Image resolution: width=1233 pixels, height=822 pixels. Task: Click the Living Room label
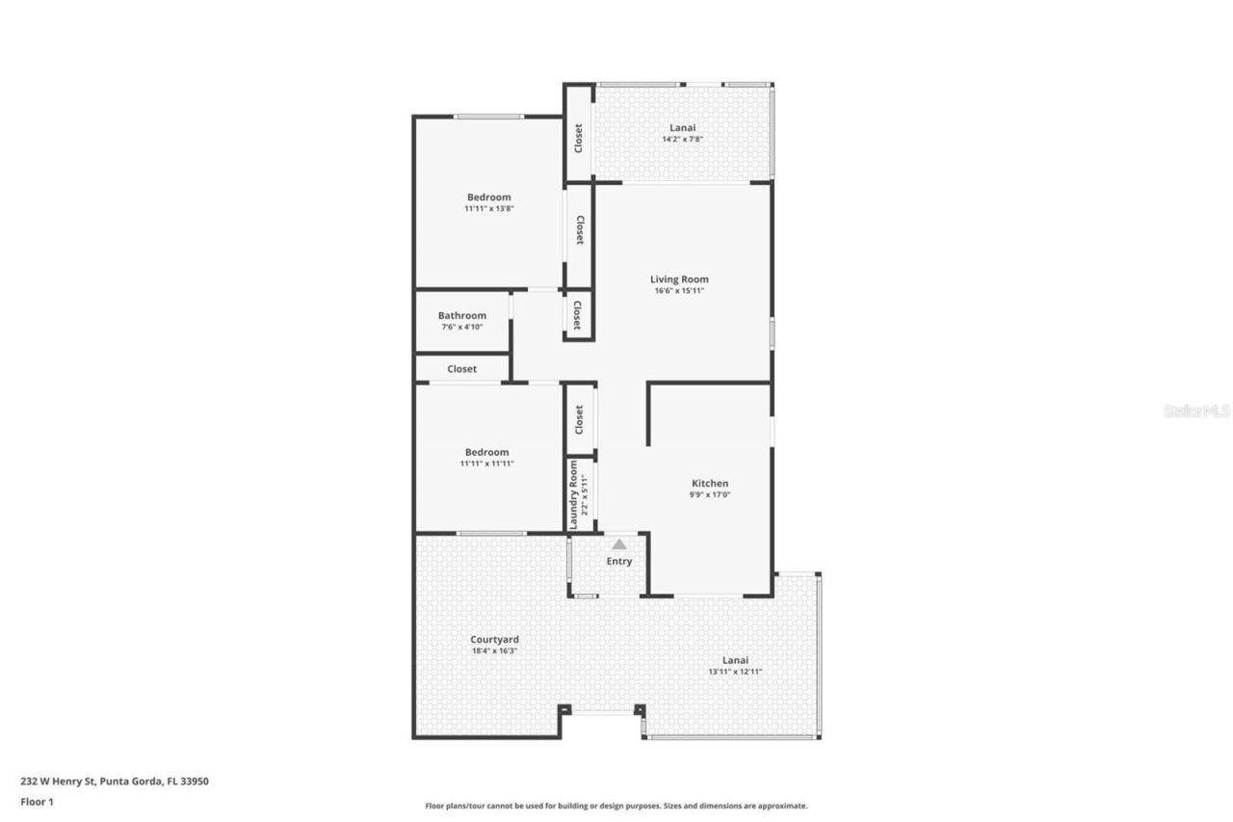pos(679,279)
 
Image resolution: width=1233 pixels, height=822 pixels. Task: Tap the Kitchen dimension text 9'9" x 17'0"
pos(710,495)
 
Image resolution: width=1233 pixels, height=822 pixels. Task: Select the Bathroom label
pos(461,315)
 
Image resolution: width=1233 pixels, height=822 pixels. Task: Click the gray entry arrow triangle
pos(619,544)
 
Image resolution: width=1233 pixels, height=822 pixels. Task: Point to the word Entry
pos(619,562)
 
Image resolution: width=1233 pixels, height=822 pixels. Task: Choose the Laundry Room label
pos(574,493)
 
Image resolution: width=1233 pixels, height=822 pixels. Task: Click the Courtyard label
pos(494,639)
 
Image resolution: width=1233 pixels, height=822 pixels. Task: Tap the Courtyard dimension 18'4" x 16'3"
pos(494,650)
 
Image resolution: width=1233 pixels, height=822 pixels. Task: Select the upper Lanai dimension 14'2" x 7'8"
pos(682,139)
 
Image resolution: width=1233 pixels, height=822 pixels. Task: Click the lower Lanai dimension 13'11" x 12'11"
pos(735,672)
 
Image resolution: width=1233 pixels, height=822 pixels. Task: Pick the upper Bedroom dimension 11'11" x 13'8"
pos(488,208)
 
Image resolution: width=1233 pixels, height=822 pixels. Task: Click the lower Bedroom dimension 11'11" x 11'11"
pos(486,464)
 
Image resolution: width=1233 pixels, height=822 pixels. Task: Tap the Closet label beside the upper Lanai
pos(578,138)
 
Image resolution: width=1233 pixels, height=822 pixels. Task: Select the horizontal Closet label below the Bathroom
pos(461,368)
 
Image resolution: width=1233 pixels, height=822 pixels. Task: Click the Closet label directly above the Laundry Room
pos(579,419)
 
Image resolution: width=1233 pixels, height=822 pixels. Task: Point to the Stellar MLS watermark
pos(1196,411)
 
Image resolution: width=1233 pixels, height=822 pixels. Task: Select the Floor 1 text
pos(37,801)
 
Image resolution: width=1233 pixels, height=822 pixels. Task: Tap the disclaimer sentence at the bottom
pos(616,806)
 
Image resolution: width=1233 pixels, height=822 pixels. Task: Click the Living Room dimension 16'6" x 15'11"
pos(679,291)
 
